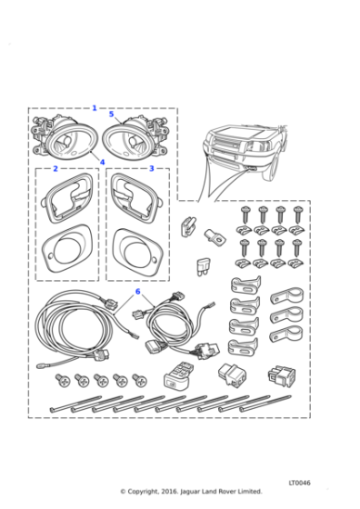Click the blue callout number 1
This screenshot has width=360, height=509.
95,108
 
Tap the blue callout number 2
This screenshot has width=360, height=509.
55,169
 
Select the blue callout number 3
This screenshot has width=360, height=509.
151,168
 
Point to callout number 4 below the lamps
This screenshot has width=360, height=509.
102,162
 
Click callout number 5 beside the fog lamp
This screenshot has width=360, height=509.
111,114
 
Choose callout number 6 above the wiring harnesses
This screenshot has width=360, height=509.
137,292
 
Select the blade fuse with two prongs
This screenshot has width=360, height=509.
202,267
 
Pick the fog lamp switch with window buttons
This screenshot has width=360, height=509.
178,375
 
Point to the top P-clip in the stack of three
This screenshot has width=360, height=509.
287,295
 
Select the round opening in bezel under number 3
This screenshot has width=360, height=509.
138,254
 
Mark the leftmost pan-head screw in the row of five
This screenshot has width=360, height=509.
63,381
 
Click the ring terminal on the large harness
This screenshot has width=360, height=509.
41,366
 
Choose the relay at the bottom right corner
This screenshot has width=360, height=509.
282,377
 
